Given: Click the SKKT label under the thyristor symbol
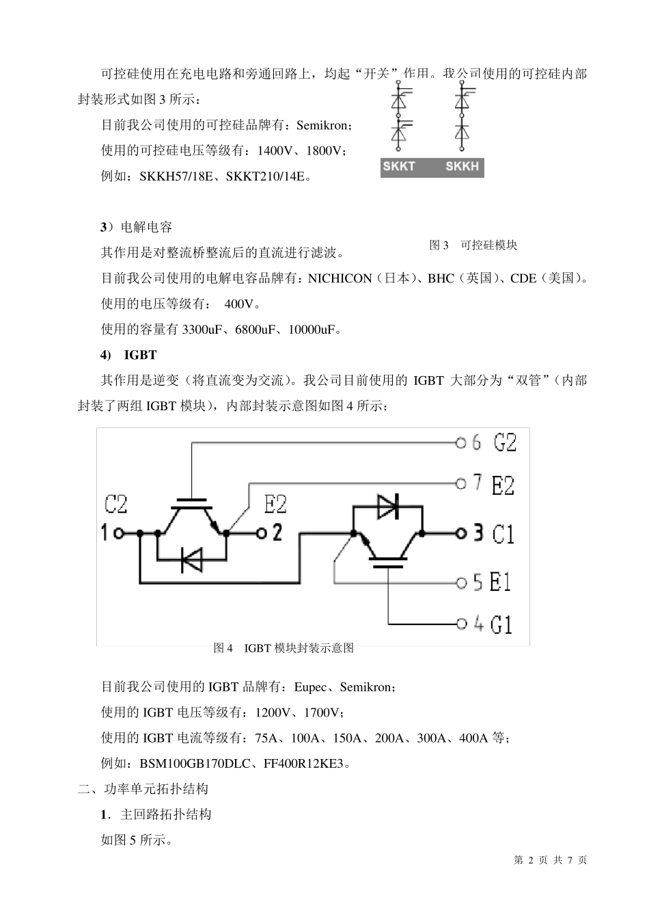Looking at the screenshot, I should pyautogui.click(x=399, y=167).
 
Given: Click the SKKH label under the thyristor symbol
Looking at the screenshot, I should pyautogui.click(x=462, y=167).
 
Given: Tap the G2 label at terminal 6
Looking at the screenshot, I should pyautogui.click(x=505, y=442).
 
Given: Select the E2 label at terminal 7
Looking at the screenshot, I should pyautogui.click(x=503, y=485).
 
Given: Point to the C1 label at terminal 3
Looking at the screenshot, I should pyautogui.click(x=503, y=534).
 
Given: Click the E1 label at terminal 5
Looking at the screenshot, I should pyautogui.click(x=501, y=583).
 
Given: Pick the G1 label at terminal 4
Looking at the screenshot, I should pyautogui.click(x=501, y=624).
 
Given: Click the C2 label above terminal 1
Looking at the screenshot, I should pyautogui.click(x=116, y=505).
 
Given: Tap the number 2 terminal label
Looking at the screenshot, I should pyautogui.click(x=277, y=533).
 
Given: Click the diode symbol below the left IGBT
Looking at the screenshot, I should pyautogui.click(x=191, y=560).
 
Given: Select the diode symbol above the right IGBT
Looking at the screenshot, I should pyautogui.click(x=388, y=506).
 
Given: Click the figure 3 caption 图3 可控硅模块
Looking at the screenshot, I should pyautogui.click(x=473, y=245).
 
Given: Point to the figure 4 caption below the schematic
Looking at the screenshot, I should pyautogui.click(x=284, y=648).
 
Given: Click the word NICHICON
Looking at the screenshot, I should pyautogui.click(x=340, y=279).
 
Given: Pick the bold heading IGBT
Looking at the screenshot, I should pyautogui.click(x=140, y=356).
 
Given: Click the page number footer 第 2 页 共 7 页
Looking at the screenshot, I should pyautogui.click(x=550, y=860).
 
